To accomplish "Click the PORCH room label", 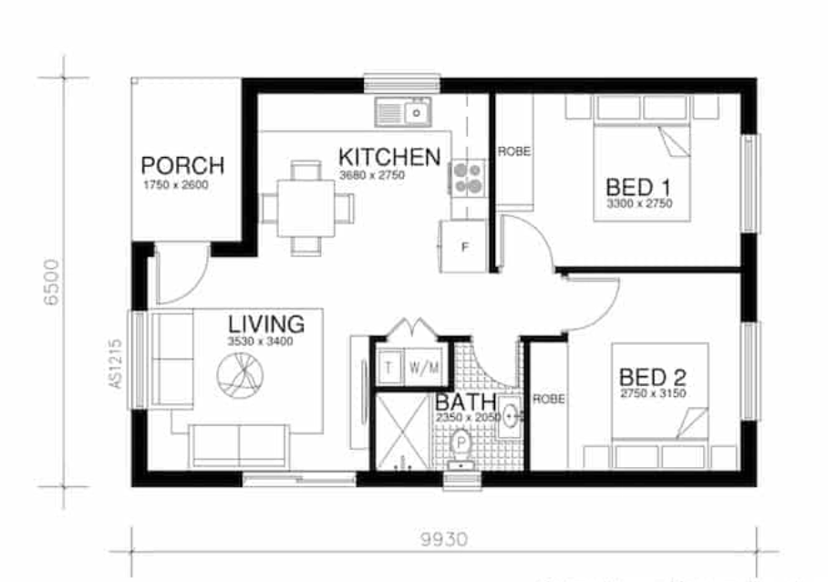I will pos(182,166).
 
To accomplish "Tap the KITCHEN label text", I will pos(389,156).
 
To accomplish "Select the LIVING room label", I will pos(265,324).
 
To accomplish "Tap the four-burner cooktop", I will pos(467,177).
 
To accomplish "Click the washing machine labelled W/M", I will pos(424,368).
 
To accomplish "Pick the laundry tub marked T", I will pos(388,368).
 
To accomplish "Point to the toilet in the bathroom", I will pos(461,446).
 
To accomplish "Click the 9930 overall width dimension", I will pos(445,539).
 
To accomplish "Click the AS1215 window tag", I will pos(116,364).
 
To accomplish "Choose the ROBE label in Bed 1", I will pos(513,151).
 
